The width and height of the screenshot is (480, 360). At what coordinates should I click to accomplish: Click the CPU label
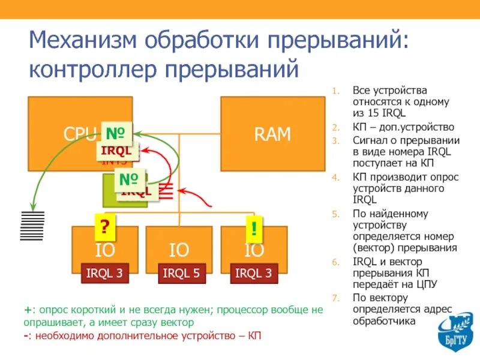coord(80,134)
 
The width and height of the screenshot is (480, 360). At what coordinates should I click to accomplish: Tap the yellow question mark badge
coord(104,227)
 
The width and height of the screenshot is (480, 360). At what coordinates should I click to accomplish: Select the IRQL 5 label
coord(179,274)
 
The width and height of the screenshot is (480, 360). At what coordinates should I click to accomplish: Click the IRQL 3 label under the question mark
coord(105,274)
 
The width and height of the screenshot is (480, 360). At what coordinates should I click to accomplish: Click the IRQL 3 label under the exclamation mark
coord(254,274)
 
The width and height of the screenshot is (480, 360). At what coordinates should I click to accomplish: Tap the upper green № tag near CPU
coord(116,132)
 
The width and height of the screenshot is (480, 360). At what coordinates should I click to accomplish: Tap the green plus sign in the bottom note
coord(28,310)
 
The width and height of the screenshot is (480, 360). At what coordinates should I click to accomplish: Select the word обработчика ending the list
coord(384,321)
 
